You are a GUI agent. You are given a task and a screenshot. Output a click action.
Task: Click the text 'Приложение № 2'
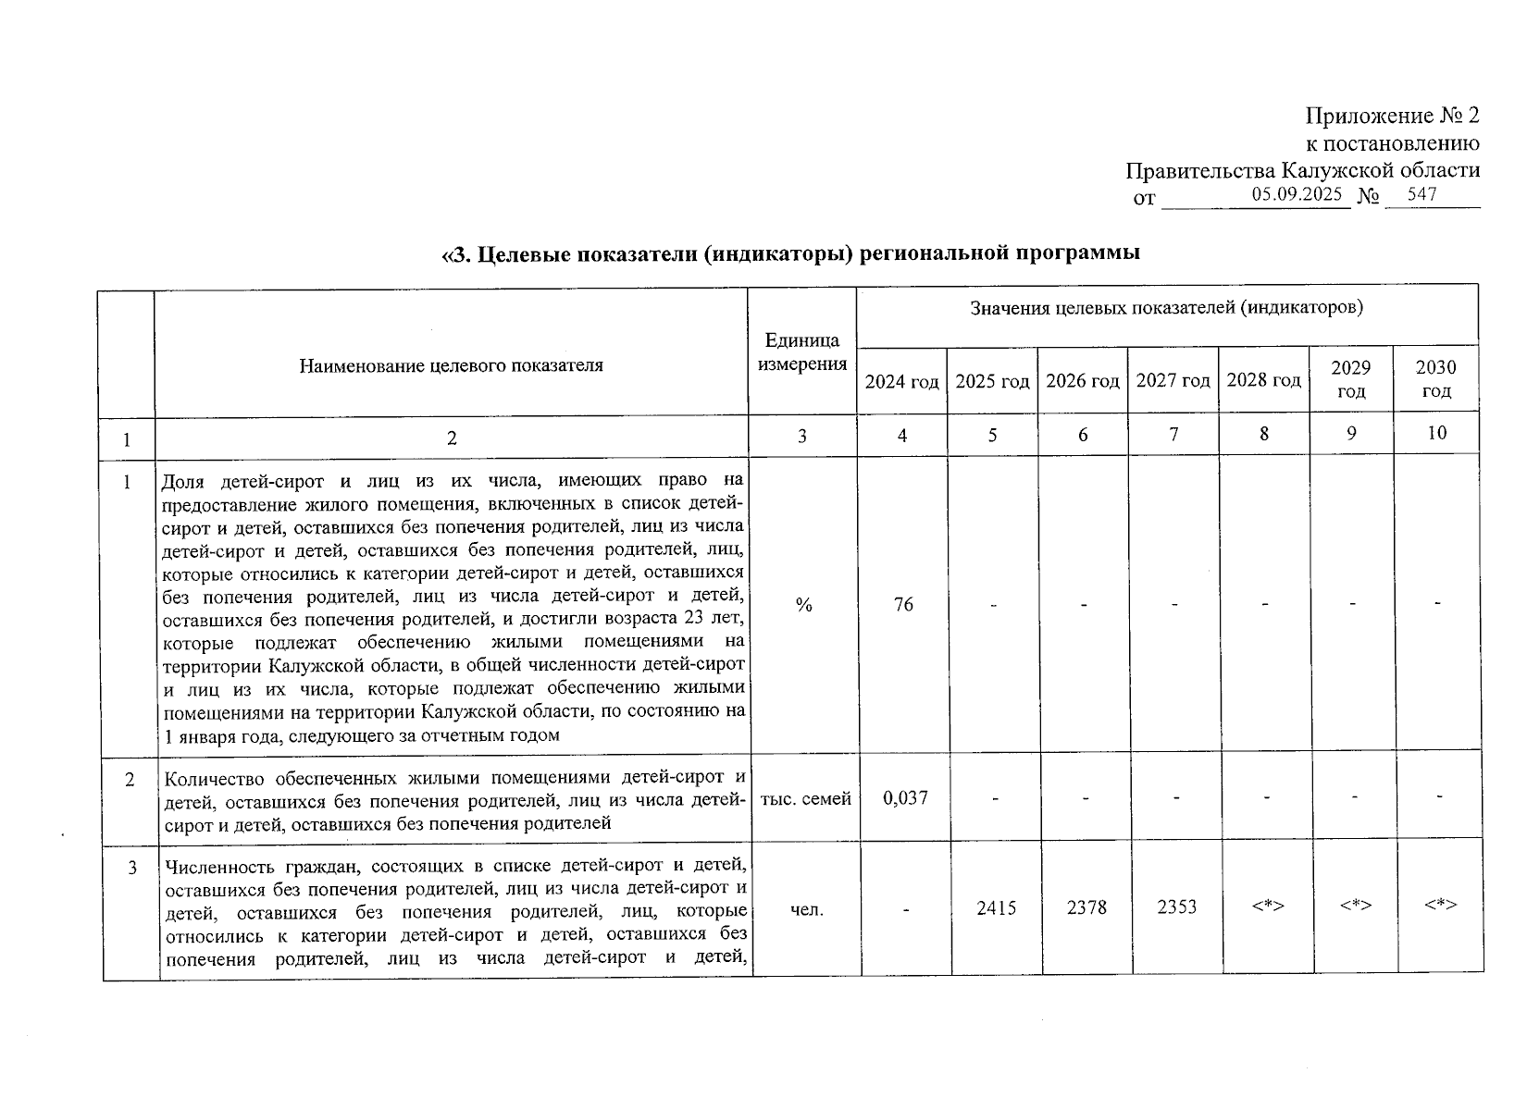pos(1392,116)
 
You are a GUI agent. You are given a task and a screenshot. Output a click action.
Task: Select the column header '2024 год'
pos(901,381)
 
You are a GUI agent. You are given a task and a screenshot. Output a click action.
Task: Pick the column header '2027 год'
pos(1173,380)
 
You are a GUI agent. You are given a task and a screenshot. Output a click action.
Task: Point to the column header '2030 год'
pos(1435,379)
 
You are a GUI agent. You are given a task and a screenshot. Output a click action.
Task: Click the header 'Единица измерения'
pos(801,352)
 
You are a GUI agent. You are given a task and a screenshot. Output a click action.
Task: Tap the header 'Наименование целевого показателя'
pos(451,365)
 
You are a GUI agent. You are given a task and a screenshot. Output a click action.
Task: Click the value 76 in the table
pos(903,605)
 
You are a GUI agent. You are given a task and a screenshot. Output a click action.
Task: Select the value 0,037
pos(905,797)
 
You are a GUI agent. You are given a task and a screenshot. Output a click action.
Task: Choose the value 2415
pos(996,908)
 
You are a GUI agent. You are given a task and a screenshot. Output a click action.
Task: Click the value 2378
pos(1086,908)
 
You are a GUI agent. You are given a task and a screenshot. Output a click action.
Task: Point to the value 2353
pos(1176,908)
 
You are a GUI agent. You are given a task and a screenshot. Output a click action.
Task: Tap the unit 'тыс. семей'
pos(805,798)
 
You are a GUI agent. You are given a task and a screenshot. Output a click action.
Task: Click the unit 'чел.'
pos(806,910)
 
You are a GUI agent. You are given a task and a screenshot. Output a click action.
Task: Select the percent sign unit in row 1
pos(803,605)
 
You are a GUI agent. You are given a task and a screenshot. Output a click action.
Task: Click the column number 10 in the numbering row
pos(1436,432)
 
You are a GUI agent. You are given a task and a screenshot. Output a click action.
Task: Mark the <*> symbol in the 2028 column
pos(1267,906)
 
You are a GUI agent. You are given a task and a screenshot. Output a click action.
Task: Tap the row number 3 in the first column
pos(132,868)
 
